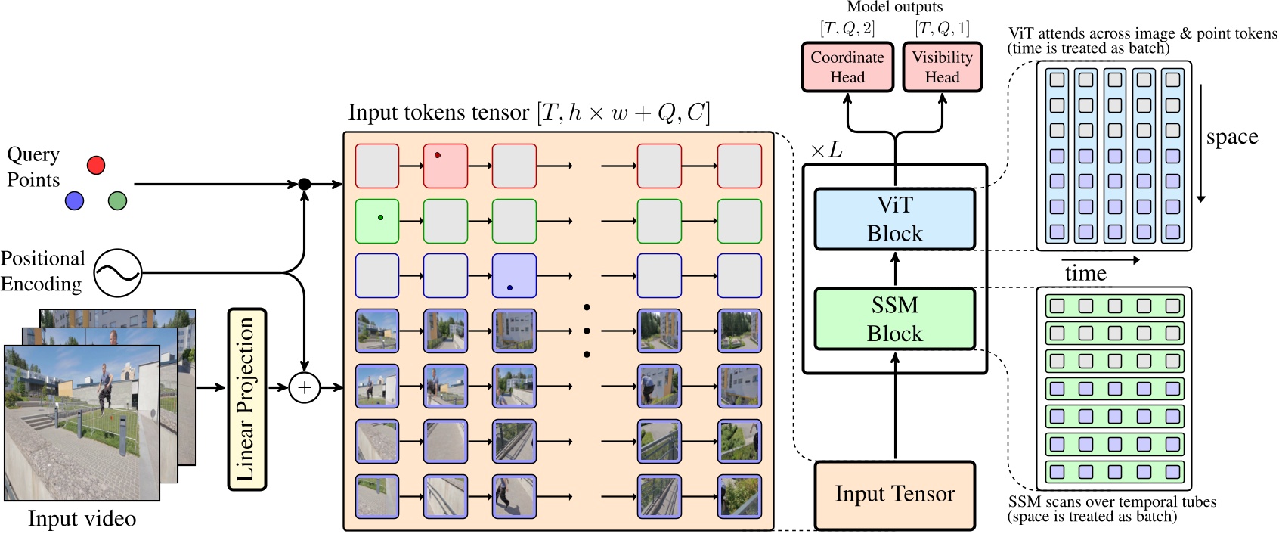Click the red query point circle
(96, 165)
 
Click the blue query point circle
(74, 200)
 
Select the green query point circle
(117, 200)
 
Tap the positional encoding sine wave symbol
(118, 272)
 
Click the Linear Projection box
(246, 399)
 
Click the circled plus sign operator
(305, 387)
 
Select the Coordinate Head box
(847, 67)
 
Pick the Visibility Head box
(942, 67)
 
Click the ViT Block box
(894, 219)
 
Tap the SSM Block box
(894, 319)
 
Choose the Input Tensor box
(894, 495)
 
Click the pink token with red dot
(445, 166)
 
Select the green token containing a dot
(377, 221)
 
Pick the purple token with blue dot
(514, 276)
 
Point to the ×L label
(825, 151)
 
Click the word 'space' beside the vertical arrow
(1231, 137)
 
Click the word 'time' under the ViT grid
(1085, 273)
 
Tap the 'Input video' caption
(82, 519)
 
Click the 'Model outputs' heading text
(894, 7)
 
